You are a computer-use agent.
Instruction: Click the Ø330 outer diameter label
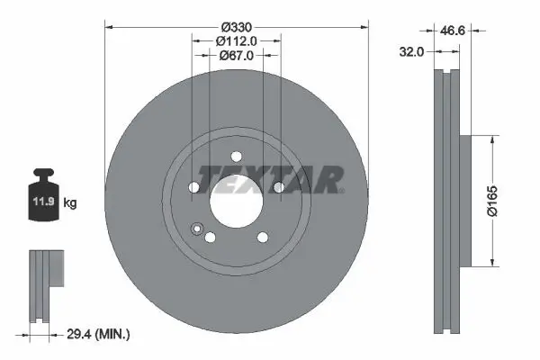pyautogui.click(x=236, y=25)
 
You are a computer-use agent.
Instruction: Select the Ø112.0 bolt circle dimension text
pyautogui.click(x=236, y=40)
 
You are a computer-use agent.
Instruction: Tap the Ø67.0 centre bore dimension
pyautogui.click(x=236, y=55)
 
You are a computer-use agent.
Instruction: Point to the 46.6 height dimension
pyautogui.click(x=453, y=30)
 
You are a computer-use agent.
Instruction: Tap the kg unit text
pyautogui.click(x=71, y=203)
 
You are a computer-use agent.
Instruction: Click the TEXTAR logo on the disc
pyautogui.click(x=270, y=178)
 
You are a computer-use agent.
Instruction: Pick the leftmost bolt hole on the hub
pyautogui.click(x=193, y=187)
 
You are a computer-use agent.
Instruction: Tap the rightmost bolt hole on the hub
pyautogui.click(x=278, y=187)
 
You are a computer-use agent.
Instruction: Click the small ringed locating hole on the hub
pyautogui.click(x=197, y=229)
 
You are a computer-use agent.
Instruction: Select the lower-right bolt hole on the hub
pyautogui.click(x=262, y=238)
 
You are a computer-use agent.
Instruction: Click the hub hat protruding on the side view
pyautogui.click(x=464, y=201)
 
